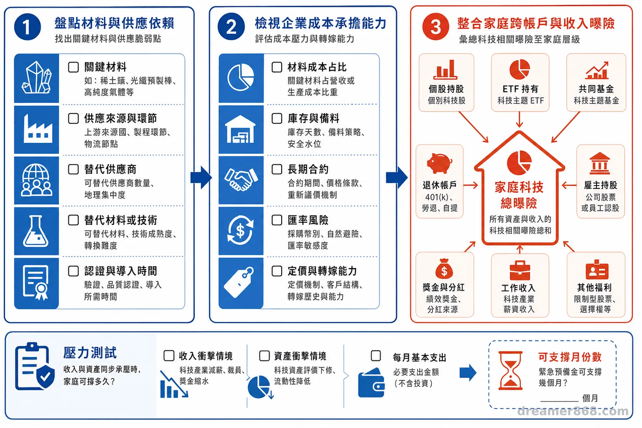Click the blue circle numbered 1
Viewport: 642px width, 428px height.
(x=27, y=27)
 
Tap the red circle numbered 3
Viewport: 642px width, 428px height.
(x=435, y=27)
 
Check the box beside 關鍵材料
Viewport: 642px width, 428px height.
(x=73, y=67)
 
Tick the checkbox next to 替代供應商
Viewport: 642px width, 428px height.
(x=73, y=169)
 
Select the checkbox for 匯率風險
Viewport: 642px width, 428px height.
(x=277, y=220)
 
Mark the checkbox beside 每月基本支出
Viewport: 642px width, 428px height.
(x=376, y=356)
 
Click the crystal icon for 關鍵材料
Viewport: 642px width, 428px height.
(x=37, y=77)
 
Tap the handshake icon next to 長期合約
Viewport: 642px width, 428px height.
(x=241, y=180)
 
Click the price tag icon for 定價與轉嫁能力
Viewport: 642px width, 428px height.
(x=239, y=283)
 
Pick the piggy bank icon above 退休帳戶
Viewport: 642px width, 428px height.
(x=439, y=163)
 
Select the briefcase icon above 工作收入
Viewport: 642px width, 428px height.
(x=520, y=270)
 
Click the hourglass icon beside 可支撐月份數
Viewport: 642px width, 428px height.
(x=511, y=371)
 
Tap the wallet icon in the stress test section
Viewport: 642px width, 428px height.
(x=371, y=383)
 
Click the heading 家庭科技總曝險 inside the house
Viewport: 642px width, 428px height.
(x=519, y=195)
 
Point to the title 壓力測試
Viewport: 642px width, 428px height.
(x=90, y=353)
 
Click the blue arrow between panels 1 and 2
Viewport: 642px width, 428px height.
(x=201, y=177)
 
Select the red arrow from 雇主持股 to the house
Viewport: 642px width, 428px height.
(x=569, y=185)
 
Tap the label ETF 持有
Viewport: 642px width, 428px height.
(x=520, y=89)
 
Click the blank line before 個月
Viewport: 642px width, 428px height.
(x=559, y=401)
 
